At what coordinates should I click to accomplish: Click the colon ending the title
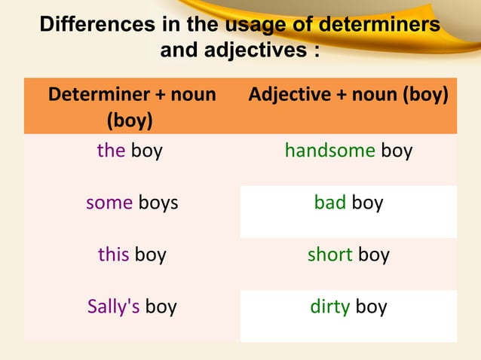315,51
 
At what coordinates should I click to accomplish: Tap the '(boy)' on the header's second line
130,120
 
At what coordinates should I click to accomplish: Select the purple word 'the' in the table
111,151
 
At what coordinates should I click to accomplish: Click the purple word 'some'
109,203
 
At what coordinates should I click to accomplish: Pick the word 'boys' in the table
158,203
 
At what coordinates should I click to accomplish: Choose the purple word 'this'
114,255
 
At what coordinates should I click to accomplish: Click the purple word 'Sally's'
113,307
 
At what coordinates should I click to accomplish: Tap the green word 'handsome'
329,151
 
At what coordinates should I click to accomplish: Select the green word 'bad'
329,203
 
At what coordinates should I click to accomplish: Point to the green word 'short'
329,255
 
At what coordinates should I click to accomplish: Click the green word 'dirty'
329,307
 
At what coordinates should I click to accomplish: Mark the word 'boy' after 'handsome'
397,151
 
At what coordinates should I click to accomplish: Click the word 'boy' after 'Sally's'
161,307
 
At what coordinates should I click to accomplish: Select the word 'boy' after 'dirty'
371,307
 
